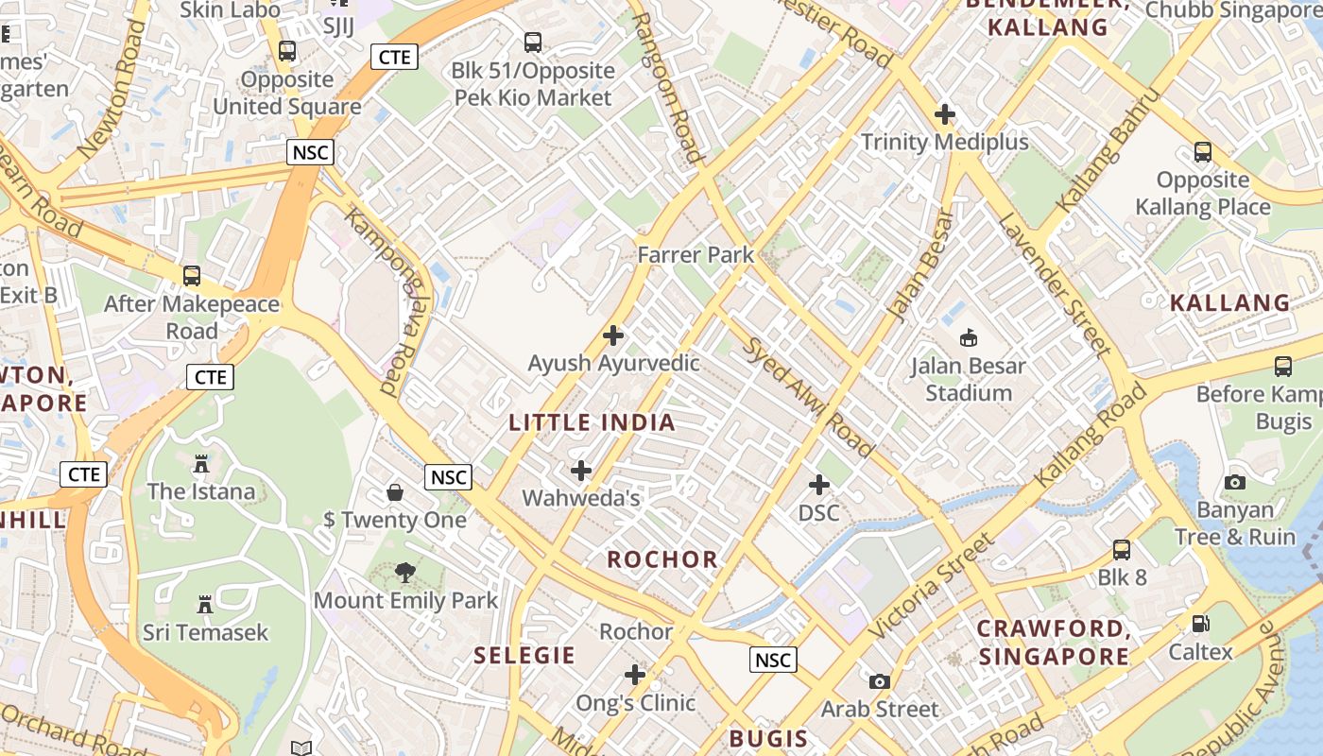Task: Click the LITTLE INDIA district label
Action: (593, 422)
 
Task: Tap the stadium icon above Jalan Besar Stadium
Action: (968, 337)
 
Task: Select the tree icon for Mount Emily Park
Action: (405, 572)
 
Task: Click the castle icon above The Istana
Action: (201, 463)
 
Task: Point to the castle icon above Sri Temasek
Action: (204, 604)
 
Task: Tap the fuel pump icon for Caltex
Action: (1200, 623)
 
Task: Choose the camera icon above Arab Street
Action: (879, 681)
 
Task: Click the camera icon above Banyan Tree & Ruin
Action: (1234, 482)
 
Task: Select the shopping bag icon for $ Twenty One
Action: (395, 492)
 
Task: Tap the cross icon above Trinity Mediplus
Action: (944, 115)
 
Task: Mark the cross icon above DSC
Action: (819, 485)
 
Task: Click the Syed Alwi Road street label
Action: (808, 396)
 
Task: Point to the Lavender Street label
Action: (1055, 284)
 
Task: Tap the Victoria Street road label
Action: (932, 586)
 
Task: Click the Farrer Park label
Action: (696, 254)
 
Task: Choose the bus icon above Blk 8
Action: (1122, 549)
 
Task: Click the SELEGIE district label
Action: (524, 655)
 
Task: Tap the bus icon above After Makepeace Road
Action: (192, 276)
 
